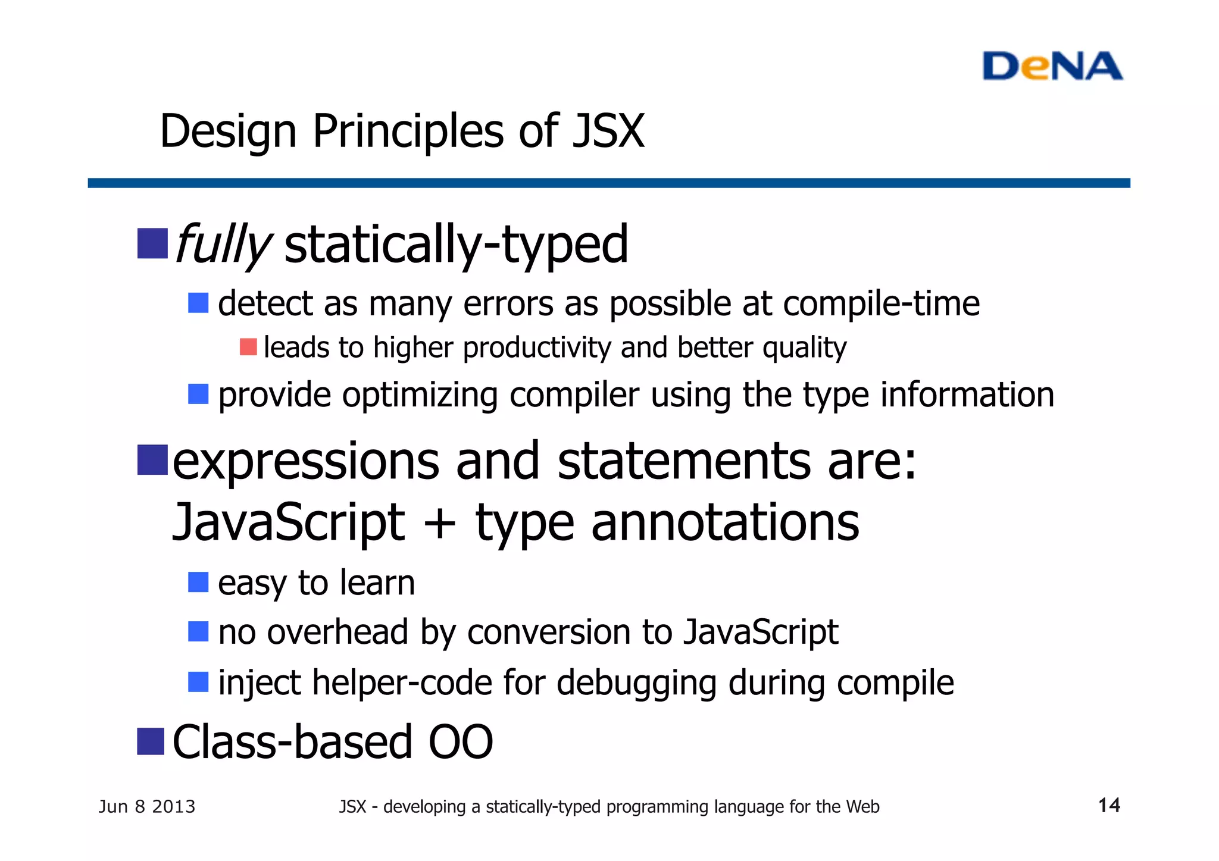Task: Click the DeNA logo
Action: point(1052,66)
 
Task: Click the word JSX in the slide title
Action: point(608,131)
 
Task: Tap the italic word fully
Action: point(223,244)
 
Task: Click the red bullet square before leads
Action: point(248,347)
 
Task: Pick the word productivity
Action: point(536,347)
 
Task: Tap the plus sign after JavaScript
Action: point(440,522)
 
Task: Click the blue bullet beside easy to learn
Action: point(198,582)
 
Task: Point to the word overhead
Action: point(337,632)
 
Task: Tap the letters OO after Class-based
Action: point(461,742)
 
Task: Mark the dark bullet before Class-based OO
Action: point(151,741)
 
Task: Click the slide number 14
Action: point(1109,805)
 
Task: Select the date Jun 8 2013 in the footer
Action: point(147,807)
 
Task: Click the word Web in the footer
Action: point(862,807)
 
